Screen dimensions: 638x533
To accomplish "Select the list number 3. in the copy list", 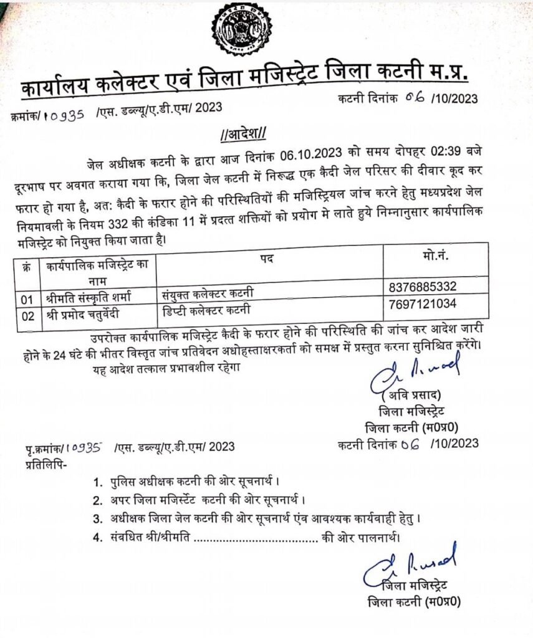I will pos(97,518).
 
